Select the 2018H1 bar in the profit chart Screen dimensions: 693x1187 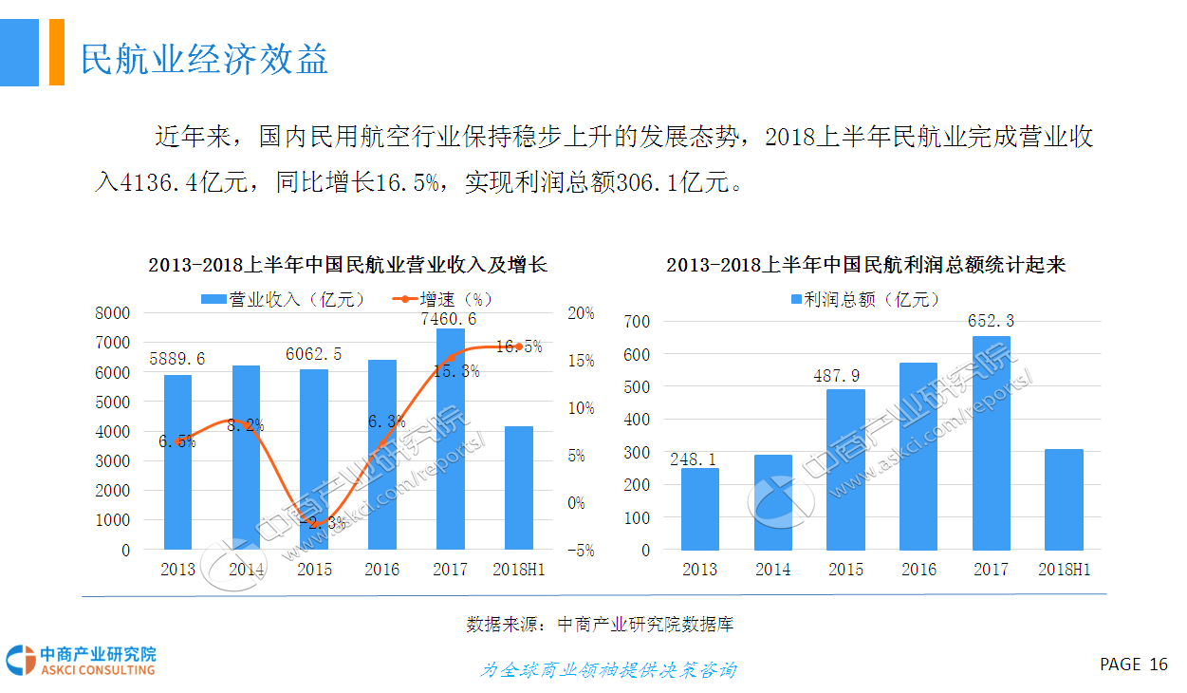coord(1063,499)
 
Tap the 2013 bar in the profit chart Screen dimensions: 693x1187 coord(699,509)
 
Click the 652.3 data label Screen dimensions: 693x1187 coord(992,321)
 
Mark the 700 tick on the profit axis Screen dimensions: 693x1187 coord(636,322)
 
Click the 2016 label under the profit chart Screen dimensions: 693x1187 coord(918,570)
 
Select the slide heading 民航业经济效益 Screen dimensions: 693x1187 coord(204,59)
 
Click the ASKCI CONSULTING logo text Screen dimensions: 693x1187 coord(98,670)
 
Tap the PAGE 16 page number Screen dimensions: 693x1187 coord(1134,665)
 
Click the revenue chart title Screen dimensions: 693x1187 coord(347,265)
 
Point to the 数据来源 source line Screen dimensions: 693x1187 coord(600,625)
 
